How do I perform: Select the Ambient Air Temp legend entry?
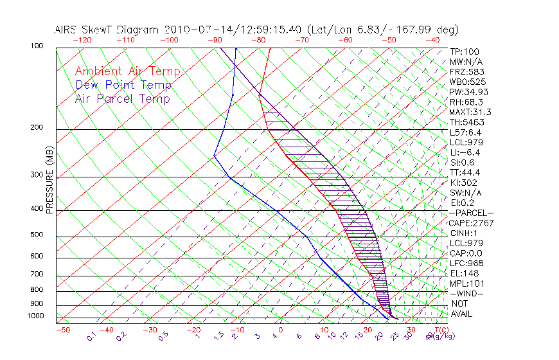pyautogui.click(x=127, y=71)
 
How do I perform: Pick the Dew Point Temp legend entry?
pyautogui.click(x=123, y=85)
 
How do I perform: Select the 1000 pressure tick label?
pyautogui.click(x=36, y=316)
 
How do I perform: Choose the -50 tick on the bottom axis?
pyautogui.click(x=62, y=330)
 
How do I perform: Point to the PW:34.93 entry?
pyautogui.click(x=466, y=92)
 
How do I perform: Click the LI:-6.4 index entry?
pyautogui.click(x=464, y=152)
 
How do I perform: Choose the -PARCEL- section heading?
pyautogui.click(x=472, y=213)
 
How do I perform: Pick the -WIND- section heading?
pyautogui.click(x=467, y=293)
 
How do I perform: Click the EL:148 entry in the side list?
pyautogui.click(x=462, y=273)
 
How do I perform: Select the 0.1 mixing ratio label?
pyautogui.click(x=91, y=336)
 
